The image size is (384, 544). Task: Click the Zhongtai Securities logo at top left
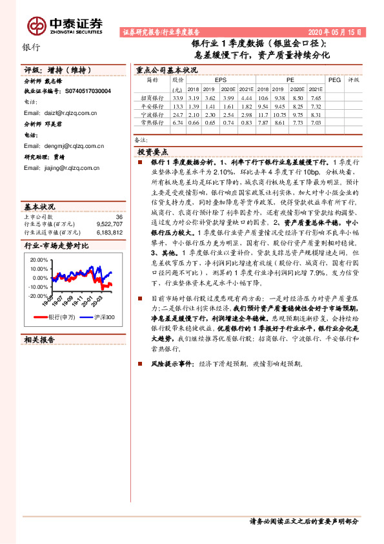pyautogui.click(x=65, y=25)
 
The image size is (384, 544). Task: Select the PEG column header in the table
pyautogui.click(x=334, y=79)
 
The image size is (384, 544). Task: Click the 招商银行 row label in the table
pyautogui.click(x=152, y=97)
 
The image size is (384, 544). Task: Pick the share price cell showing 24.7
pyautogui.click(x=177, y=114)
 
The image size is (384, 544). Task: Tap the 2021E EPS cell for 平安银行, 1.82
pyautogui.click(x=246, y=105)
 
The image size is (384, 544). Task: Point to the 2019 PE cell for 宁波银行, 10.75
pyautogui.click(x=279, y=114)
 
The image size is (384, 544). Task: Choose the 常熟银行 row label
pyautogui.click(x=152, y=122)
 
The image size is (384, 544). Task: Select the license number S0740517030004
pyautogui.click(x=88, y=92)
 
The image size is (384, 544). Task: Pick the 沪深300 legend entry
pyautogui.click(x=101, y=317)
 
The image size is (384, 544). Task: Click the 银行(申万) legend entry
pyautogui.click(x=63, y=317)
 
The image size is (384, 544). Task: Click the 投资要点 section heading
pyautogui.click(x=152, y=151)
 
